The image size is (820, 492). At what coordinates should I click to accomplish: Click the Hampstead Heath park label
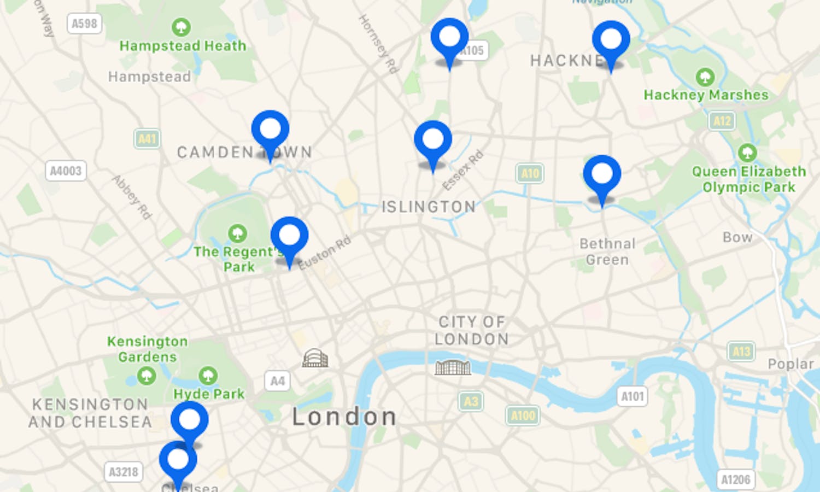click(x=183, y=46)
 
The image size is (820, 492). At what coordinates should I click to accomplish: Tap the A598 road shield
click(x=85, y=24)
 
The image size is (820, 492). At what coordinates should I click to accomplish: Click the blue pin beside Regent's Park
click(x=289, y=236)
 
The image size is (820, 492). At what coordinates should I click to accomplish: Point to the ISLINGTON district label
click(x=428, y=207)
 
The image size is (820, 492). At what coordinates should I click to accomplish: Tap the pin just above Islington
click(x=433, y=140)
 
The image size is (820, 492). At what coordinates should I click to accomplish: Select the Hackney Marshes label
click(x=706, y=95)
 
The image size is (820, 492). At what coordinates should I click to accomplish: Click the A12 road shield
click(x=722, y=121)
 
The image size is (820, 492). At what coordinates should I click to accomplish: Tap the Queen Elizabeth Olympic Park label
click(x=748, y=179)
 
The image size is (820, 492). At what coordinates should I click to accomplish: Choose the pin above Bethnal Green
click(x=602, y=174)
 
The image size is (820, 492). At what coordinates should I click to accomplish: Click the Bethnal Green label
click(x=607, y=251)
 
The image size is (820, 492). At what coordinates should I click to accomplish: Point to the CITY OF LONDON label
click(x=471, y=330)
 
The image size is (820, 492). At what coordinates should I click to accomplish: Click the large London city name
click(x=344, y=417)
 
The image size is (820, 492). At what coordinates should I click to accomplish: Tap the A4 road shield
click(x=277, y=380)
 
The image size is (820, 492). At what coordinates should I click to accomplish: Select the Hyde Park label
click(x=209, y=394)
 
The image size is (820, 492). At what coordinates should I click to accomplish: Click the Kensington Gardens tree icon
click(x=146, y=376)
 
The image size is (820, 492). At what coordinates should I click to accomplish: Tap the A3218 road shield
click(x=124, y=472)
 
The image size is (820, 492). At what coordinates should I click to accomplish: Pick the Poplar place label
click(x=790, y=364)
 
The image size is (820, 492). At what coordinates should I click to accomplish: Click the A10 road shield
click(x=530, y=174)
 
